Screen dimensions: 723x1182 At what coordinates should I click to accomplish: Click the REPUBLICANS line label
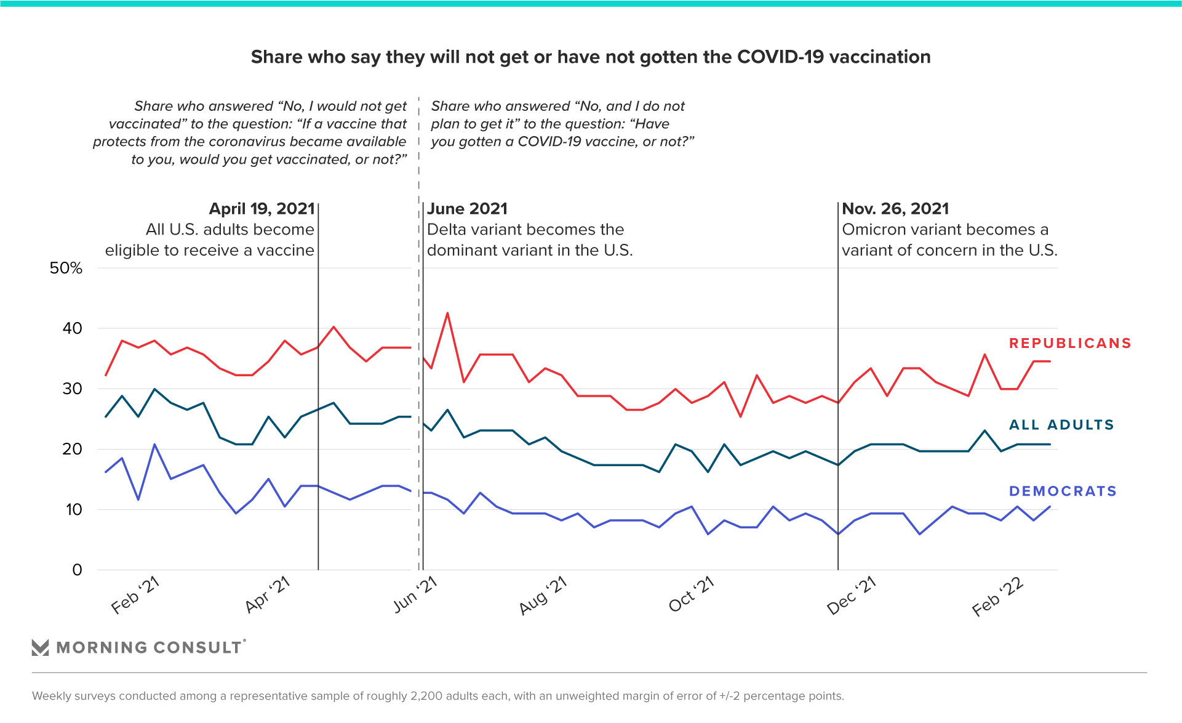1069,344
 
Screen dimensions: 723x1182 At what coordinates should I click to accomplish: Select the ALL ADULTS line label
1061,425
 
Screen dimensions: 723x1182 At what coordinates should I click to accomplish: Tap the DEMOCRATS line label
1063,491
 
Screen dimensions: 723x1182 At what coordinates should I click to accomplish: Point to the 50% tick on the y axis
66,269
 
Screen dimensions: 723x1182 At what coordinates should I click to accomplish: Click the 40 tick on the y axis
72,328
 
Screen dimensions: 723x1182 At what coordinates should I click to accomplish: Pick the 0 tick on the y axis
77,570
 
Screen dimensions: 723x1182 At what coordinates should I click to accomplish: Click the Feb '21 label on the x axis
135,596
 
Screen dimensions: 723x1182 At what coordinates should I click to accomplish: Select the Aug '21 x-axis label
543,596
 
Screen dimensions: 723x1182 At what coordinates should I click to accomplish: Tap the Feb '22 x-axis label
997,597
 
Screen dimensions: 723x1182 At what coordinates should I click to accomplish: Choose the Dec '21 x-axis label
851,596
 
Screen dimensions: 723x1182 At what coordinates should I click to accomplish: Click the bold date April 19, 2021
262,209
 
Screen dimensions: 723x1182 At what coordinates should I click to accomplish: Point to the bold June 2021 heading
468,209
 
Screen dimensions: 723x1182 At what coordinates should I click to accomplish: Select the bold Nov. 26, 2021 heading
895,209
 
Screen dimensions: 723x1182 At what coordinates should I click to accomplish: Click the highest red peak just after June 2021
447,313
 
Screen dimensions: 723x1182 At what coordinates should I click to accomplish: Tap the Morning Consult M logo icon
40,647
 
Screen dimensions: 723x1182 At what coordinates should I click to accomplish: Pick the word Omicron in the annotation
874,230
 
